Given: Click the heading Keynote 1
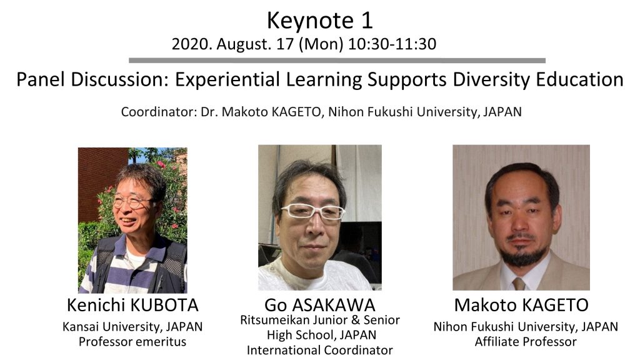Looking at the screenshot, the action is point(319,21).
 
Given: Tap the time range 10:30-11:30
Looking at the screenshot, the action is point(392,44).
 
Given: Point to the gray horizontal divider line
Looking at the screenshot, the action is point(337,61).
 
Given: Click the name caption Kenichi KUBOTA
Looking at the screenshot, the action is point(132,305).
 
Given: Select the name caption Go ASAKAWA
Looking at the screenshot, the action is point(319,305).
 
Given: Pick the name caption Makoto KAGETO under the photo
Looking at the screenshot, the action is point(521,305).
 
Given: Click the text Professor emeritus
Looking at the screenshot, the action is point(132,342).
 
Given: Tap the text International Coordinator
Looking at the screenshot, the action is point(319,350).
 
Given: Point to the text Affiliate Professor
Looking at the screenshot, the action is point(525,342).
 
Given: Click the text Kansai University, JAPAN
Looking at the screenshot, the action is point(132,327).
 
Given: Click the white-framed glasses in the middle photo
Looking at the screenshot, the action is point(313,211).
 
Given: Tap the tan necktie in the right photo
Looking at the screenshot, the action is point(518,284).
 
